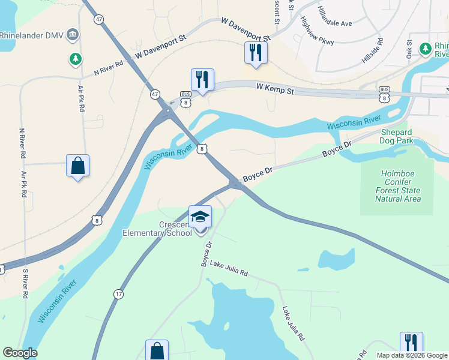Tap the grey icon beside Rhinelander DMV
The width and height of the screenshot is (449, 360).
coord(73,34)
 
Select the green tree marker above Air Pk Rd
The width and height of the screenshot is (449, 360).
coord(76,59)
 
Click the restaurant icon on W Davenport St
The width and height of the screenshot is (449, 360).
coord(256,52)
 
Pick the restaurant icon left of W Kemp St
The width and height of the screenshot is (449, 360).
coord(202,79)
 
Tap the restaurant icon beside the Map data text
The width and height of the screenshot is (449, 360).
coord(411,343)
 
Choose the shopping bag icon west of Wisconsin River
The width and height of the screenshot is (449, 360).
coord(78,165)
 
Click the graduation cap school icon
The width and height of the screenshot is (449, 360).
coord(200,216)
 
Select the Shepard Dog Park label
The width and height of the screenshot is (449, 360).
coord(396,136)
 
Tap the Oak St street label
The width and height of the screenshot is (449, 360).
coord(409,46)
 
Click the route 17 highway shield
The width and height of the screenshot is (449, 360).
coord(119,294)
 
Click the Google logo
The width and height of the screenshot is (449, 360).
coord(20,353)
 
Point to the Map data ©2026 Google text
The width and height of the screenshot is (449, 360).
coord(411,355)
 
